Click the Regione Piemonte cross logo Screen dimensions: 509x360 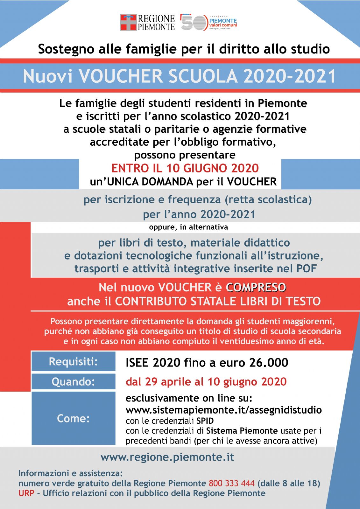(x=128, y=22)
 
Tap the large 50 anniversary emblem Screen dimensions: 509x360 (x=194, y=22)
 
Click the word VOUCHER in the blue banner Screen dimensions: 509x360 (x=121, y=76)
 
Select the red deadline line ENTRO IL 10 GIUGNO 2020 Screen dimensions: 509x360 (x=185, y=168)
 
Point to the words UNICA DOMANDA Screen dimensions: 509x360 (x=150, y=182)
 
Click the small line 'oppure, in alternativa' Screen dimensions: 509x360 (x=188, y=227)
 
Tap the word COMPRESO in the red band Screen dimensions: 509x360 (x=256, y=287)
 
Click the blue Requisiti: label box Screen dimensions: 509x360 (x=73, y=362)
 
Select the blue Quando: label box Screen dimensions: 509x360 (x=73, y=381)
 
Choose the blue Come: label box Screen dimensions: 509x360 (x=73, y=418)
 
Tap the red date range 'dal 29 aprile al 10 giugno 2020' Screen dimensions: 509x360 (x=206, y=381)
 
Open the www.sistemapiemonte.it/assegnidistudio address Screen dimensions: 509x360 (x=223, y=410)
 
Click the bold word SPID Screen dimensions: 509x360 (x=205, y=421)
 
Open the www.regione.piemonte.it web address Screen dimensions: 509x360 (x=167, y=457)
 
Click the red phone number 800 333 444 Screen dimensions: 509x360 (x=231, y=483)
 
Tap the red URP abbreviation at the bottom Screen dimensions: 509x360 (x=26, y=493)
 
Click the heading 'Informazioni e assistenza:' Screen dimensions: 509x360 (x=70, y=473)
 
